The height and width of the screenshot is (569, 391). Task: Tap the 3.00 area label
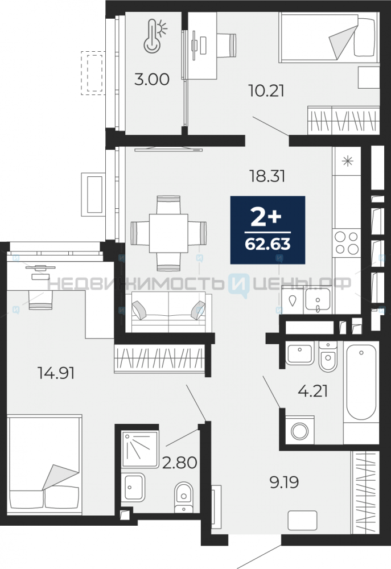point(152,79)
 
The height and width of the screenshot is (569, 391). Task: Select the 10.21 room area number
point(266,90)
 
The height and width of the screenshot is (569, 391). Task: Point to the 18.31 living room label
point(267,176)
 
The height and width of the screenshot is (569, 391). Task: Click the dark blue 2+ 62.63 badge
point(267,230)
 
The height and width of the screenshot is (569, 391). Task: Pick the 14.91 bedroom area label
point(56,373)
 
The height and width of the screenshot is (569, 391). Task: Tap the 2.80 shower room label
point(179,462)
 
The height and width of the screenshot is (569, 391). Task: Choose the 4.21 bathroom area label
point(312,391)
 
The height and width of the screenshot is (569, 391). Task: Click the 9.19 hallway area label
point(284,483)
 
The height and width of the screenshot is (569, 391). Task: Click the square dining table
point(168,233)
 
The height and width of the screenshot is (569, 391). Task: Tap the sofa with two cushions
point(168,312)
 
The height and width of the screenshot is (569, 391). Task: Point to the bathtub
point(361,382)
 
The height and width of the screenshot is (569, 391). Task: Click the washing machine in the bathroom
point(300,431)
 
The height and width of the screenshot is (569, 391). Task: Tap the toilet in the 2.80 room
point(184,497)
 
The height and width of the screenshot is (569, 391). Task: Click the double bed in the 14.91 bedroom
point(44,464)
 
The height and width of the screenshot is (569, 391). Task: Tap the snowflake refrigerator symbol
point(347,160)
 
